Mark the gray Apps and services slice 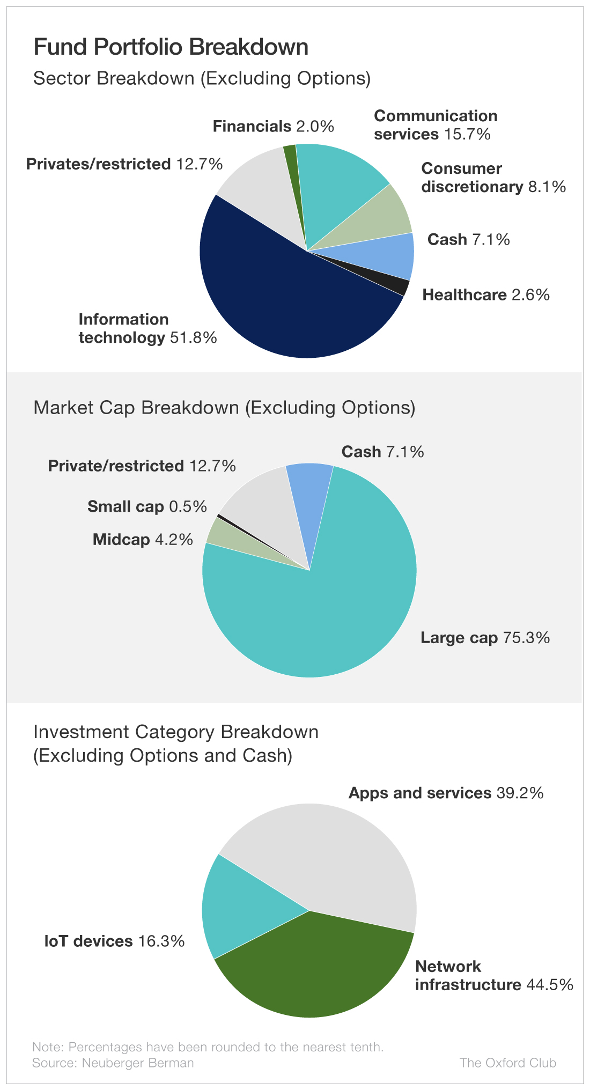click(333, 858)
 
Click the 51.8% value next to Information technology click(194, 338)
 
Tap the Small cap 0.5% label click(147, 506)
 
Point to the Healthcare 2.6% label click(486, 295)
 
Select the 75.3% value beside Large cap click(526, 638)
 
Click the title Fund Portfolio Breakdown click(171, 47)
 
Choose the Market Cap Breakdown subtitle click(224, 408)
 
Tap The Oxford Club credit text click(507, 1063)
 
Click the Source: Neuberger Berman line click(113, 1063)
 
